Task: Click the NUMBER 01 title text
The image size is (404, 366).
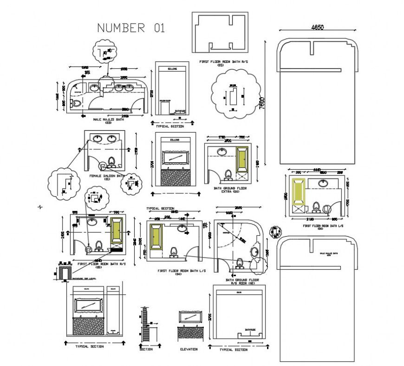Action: pyautogui.click(x=130, y=28)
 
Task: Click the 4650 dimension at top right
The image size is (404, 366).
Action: pyautogui.click(x=317, y=27)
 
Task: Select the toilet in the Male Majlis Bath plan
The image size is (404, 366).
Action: pyautogui.click(x=77, y=103)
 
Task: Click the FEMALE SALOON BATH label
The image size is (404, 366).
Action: pyautogui.click(x=107, y=176)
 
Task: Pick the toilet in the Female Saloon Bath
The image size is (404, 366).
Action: pyautogui.click(x=111, y=162)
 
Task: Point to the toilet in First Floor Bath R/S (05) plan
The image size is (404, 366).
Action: pyautogui.click(x=98, y=245)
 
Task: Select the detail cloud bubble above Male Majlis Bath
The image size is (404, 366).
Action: pyautogui.click(x=107, y=52)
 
